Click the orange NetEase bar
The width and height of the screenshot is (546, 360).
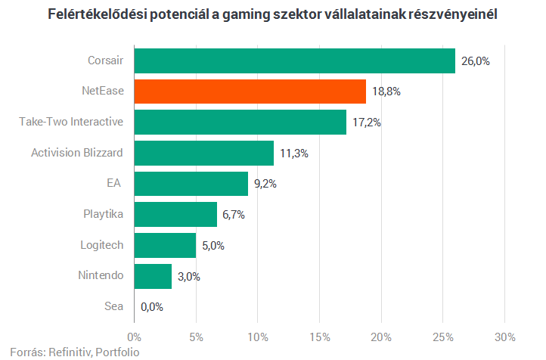[250, 91]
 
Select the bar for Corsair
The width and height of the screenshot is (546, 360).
[295, 61]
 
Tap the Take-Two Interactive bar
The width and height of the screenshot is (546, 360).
[240, 122]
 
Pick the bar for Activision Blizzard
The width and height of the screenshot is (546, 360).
[204, 153]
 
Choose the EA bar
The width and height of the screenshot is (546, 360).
[191, 183]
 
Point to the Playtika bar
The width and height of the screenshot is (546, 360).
[175, 214]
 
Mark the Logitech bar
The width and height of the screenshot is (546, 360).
[165, 245]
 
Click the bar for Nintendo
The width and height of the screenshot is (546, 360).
[153, 276]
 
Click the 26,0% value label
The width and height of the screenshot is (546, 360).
[475, 61]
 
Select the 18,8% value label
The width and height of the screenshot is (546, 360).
[386, 92]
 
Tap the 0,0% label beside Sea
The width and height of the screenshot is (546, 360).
[151, 307]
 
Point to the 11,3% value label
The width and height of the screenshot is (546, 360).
[293, 153]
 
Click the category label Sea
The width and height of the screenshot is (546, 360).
[113, 307]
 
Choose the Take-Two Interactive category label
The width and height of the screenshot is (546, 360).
[71, 122]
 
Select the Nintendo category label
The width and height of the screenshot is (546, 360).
[101, 276]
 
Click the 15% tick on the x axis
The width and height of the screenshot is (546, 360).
[319, 336]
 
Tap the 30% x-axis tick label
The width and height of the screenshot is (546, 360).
[504, 336]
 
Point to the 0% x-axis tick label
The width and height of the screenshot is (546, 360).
[135, 336]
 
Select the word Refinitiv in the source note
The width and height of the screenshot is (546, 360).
[70, 352]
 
